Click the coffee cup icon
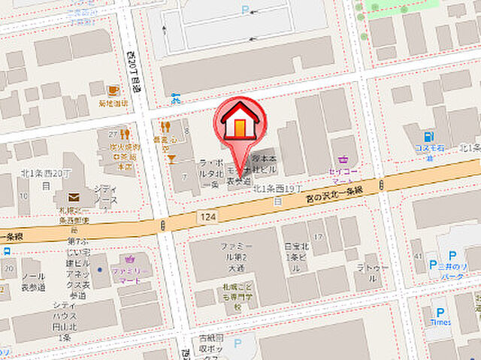pos(113,90)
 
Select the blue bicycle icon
pos(176,98)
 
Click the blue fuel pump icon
pos(428,137)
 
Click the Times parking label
pos(440,322)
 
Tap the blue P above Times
pos(440,310)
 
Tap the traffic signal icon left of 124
pos(164,225)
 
